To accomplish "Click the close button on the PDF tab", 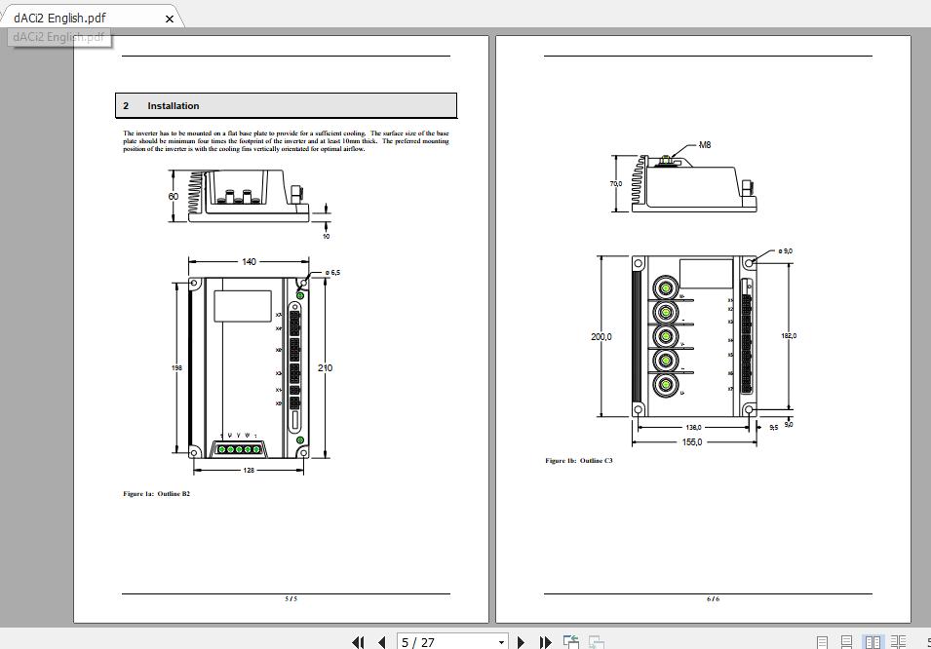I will pos(170,18).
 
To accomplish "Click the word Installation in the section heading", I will pos(174,106).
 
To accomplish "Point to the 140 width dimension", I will pos(249,262).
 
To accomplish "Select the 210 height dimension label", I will pos(325,368).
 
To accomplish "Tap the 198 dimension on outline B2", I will pos(176,368).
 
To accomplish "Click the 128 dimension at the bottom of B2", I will pos(249,471).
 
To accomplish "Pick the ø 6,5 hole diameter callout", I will pos(332,273).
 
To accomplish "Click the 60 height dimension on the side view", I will pos(174,197).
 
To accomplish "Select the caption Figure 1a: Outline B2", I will pos(156,494).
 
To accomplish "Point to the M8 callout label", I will pos(705,145).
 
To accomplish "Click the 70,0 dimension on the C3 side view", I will pos(616,183).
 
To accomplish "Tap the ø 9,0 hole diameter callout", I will pos(785,251).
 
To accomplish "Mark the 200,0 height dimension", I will pos(601,337).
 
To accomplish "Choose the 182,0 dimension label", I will pos(789,336).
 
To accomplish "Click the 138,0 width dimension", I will pos(693,428).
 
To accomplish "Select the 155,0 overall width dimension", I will pos(692,442).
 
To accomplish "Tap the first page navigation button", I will pos(358,642).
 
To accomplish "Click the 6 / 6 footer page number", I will pos(713,599).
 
